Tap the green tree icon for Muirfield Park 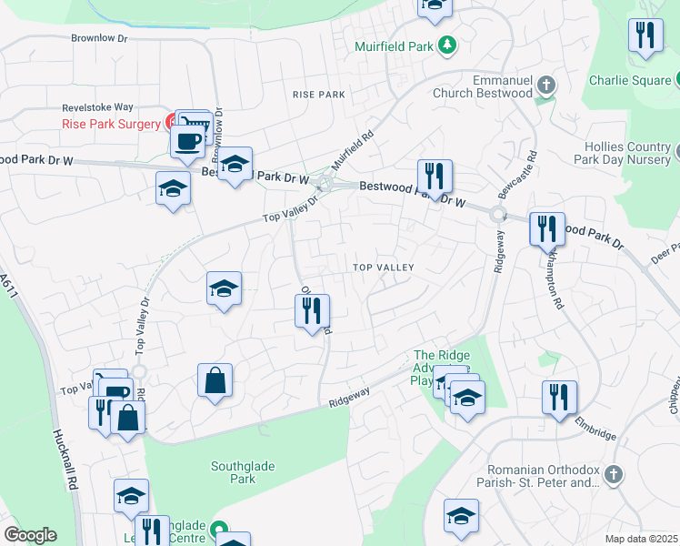pyautogui.click(x=446, y=45)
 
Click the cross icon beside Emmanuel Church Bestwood pyautogui.click(x=545, y=86)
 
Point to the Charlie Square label pyautogui.click(x=629, y=80)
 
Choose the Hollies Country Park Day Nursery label pyautogui.click(x=626, y=152)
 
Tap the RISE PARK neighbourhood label pyautogui.click(x=318, y=95)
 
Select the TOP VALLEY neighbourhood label pyautogui.click(x=384, y=268)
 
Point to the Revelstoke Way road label pyautogui.click(x=97, y=106)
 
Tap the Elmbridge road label pyautogui.click(x=595, y=429)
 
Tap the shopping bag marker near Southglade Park pyautogui.click(x=215, y=381)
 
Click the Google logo pyautogui.click(x=31, y=535)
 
